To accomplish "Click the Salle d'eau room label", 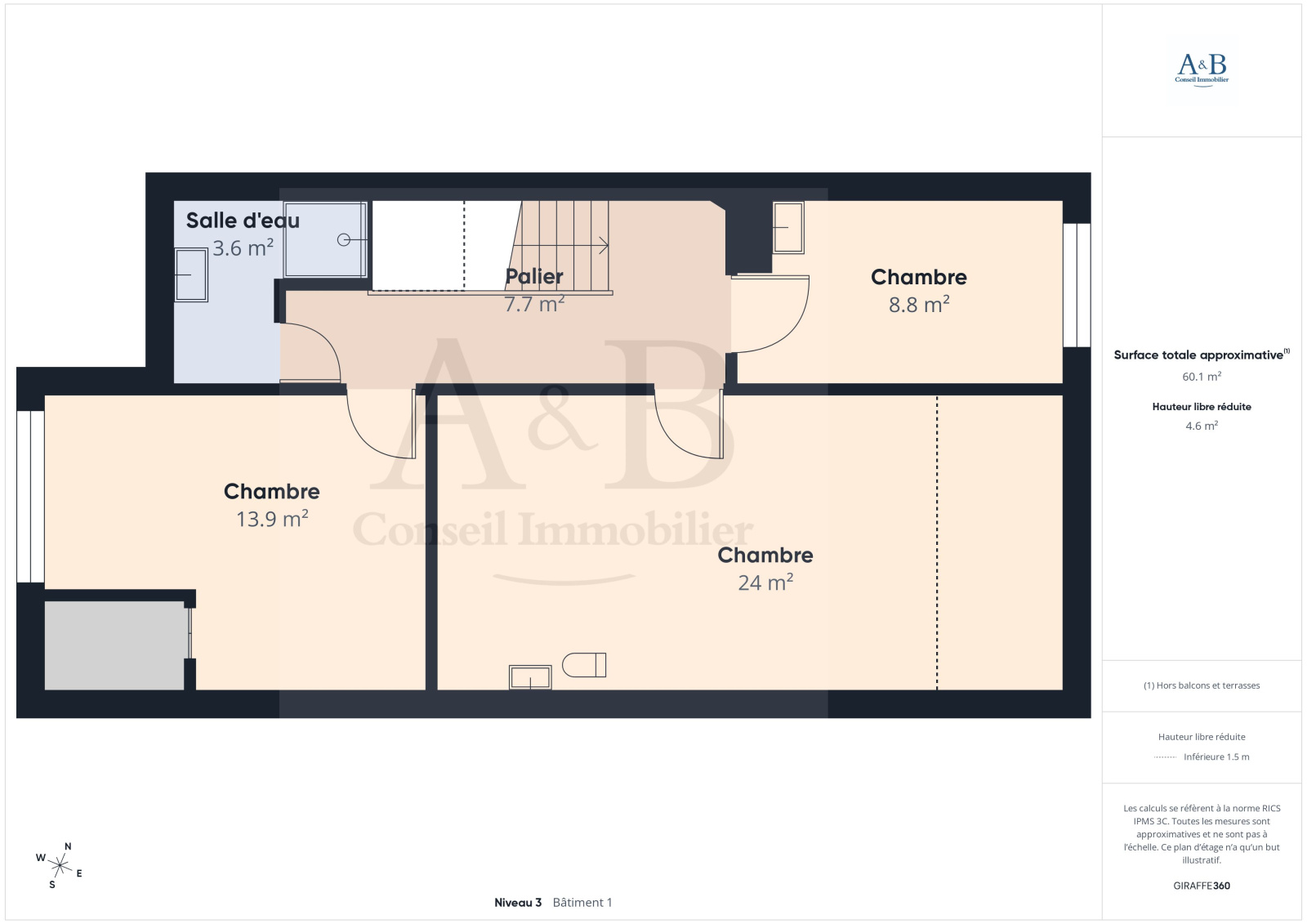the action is tap(243, 221).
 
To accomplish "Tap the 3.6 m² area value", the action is tap(243, 248).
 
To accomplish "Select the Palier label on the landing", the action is tap(534, 277).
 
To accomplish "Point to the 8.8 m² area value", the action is tap(919, 304).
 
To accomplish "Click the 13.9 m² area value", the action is tap(272, 518).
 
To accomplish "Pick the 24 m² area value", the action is tap(765, 582).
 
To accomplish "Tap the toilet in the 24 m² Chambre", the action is tap(584, 665).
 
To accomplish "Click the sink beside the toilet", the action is tap(530, 677).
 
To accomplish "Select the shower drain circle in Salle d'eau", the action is tap(344, 240).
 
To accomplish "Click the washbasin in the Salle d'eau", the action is tap(191, 275).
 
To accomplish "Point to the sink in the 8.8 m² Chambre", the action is tap(788, 228).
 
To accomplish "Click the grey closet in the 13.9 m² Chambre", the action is tap(115, 645).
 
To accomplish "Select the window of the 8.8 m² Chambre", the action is tap(1077, 285).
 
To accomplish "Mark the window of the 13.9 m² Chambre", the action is tap(30, 497).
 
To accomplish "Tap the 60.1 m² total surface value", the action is tap(1202, 377).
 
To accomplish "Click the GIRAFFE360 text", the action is tap(1202, 886).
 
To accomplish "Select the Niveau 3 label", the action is tap(518, 903).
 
